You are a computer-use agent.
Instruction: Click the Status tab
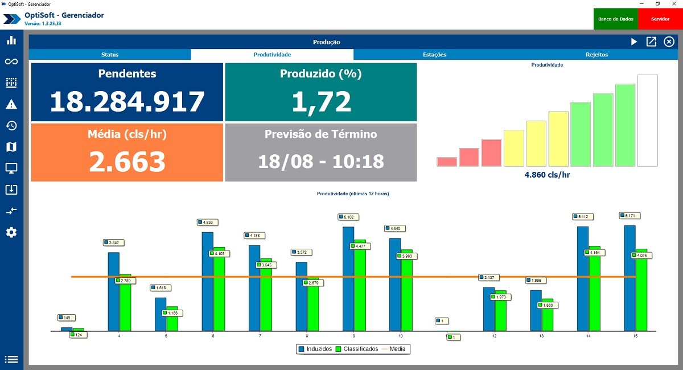coord(110,55)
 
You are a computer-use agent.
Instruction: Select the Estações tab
coord(434,55)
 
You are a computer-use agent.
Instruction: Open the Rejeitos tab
coord(596,55)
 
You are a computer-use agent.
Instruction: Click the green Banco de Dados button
coord(616,19)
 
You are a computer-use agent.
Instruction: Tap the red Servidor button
coord(660,19)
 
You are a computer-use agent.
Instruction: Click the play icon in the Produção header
coord(634,42)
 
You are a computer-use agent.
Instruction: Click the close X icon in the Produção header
coord(669,42)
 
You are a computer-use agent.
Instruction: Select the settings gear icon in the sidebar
coord(11,232)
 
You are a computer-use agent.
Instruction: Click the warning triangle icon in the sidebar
coord(11,104)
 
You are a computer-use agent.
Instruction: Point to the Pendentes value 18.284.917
coord(127,101)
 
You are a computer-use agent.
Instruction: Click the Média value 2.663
coord(127,162)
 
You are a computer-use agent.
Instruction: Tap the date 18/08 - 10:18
coord(320,161)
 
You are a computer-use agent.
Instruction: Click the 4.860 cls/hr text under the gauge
coord(547,175)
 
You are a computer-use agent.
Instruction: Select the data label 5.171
coord(630,216)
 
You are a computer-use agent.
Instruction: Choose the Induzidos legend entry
coord(315,349)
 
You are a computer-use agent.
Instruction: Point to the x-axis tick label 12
coord(495,336)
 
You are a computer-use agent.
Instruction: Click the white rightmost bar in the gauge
coord(647,120)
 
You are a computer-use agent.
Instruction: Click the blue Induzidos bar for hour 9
coord(348,279)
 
